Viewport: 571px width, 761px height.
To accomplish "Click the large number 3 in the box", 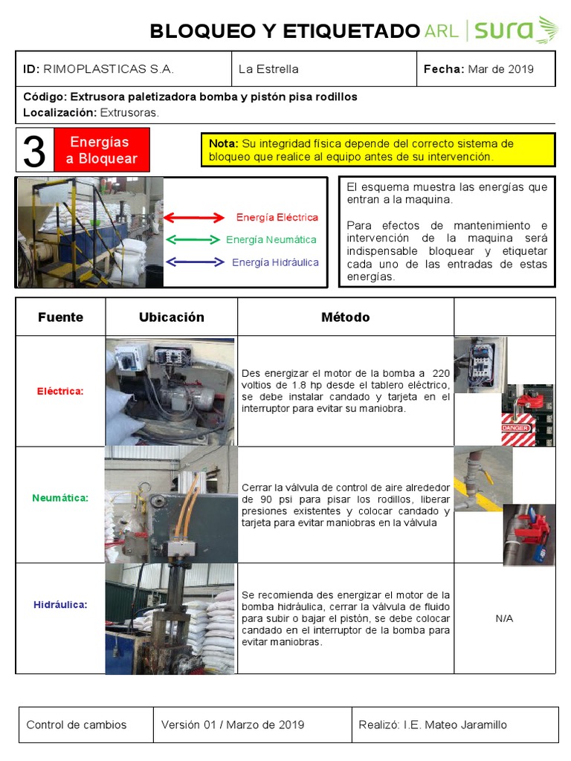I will coord(34,151).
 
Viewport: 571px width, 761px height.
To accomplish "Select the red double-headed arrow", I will coord(193,218).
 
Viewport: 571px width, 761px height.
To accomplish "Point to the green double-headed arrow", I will coord(193,239).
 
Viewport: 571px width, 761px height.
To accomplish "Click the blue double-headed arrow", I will coord(193,262).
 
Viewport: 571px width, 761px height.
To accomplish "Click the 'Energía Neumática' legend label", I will coord(271,239).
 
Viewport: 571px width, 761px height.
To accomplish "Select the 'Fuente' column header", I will coord(60,317).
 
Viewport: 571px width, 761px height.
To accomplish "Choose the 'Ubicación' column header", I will coord(171,317).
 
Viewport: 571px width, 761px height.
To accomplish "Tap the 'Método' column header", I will coord(345,317).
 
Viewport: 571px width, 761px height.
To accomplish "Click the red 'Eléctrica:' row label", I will coord(60,391).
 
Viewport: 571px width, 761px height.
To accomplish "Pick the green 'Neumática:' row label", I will coord(60,498).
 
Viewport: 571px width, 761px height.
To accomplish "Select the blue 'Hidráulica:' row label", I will coord(60,605).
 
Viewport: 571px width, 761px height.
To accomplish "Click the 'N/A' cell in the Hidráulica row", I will coord(504,618).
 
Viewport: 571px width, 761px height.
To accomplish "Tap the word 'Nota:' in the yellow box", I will coord(223,143).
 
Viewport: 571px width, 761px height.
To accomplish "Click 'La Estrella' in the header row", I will coord(268,69).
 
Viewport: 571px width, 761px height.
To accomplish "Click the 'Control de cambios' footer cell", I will coord(77,725).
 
